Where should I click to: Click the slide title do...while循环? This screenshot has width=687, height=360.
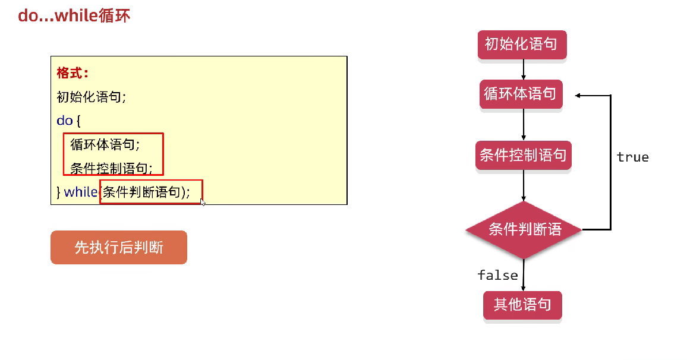click(x=74, y=15)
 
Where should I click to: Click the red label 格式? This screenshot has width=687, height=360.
click(x=73, y=73)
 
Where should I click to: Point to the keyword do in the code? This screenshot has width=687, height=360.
click(x=64, y=121)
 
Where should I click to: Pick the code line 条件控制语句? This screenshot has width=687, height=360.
click(x=111, y=168)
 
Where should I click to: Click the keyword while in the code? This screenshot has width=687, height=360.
click(x=80, y=192)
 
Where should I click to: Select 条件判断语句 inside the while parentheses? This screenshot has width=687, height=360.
click(x=141, y=192)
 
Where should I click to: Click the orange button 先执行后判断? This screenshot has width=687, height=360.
click(x=119, y=247)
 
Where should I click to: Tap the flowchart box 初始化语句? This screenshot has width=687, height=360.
click(x=522, y=44)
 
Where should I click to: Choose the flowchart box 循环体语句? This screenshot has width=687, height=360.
click(x=521, y=94)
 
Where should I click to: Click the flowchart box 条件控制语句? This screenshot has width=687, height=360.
click(x=523, y=156)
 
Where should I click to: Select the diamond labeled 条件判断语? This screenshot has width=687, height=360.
click(x=524, y=229)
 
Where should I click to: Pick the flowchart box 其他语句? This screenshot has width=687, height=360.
click(x=522, y=305)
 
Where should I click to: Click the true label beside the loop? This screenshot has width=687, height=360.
click(x=632, y=157)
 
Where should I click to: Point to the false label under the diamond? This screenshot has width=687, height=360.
click(x=497, y=275)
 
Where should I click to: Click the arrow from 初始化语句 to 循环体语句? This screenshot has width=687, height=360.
click(x=523, y=70)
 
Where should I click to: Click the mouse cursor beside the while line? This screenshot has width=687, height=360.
click(x=203, y=202)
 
